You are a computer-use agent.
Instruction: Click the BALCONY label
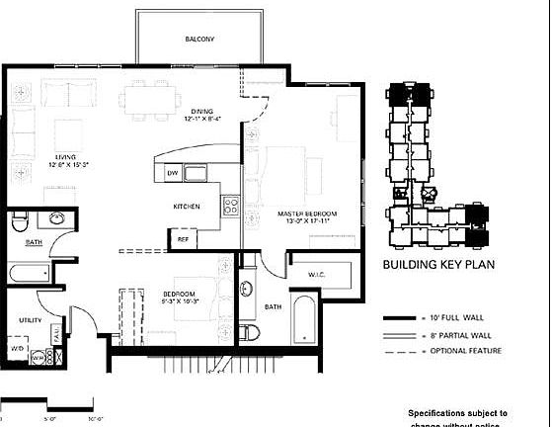point(199,39)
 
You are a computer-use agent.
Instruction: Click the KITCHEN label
point(187,206)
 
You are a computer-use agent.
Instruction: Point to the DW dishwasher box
point(172,173)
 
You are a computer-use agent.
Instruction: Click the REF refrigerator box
point(183,238)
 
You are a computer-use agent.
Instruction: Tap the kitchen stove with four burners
point(231,206)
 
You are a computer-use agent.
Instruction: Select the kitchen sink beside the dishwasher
point(197,175)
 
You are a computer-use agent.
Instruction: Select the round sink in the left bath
point(56,217)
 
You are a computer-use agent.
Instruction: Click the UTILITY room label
point(30,320)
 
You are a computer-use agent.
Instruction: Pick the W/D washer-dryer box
point(17,348)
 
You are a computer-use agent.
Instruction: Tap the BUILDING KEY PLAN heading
point(435,265)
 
